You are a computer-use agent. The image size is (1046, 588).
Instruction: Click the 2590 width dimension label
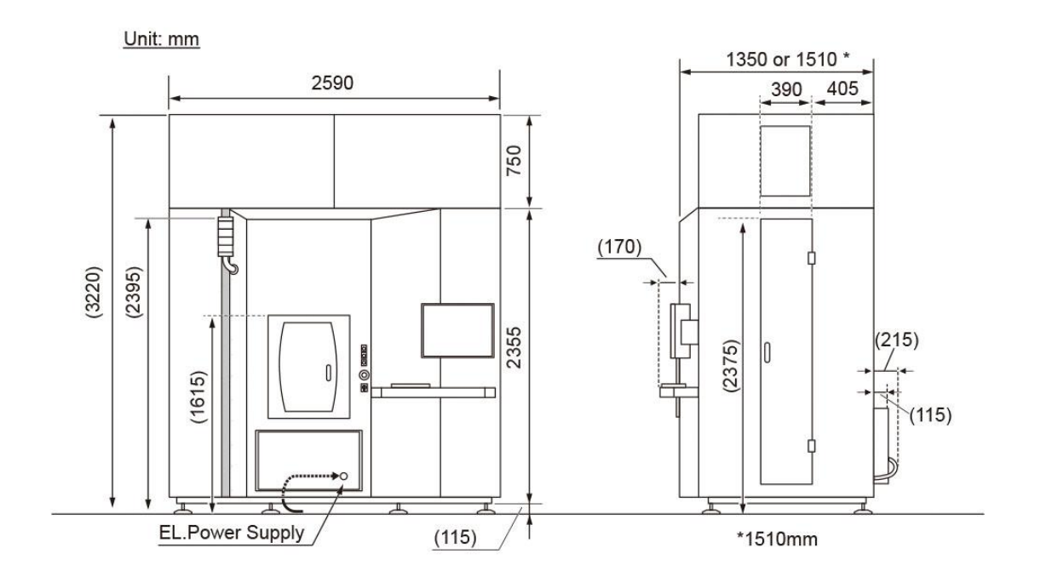click(332, 83)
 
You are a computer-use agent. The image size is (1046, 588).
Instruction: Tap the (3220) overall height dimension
click(94, 292)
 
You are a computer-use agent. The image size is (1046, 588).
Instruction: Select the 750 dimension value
click(514, 161)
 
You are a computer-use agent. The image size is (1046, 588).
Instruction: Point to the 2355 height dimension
click(514, 348)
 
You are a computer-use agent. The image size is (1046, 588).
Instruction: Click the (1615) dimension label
click(198, 397)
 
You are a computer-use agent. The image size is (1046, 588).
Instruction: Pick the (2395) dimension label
click(134, 292)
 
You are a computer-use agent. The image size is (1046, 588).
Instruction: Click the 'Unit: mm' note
click(162, 39)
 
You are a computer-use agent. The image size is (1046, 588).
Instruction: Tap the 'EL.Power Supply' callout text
click(232, 533)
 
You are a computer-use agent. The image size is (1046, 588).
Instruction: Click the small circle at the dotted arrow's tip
click(343, 477)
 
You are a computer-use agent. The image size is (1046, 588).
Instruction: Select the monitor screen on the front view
click(457, 330)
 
